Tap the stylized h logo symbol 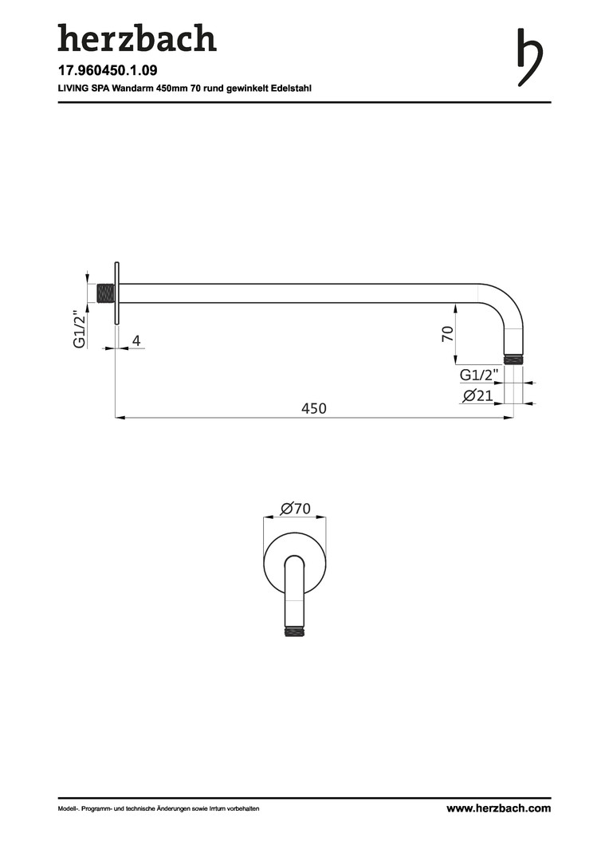pos(529,57)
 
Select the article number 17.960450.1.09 pos(108,70)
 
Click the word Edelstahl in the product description pos(291,88)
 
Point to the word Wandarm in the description pos(131,88)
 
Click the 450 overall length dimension pos(314,408)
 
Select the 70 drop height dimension pos(448,333)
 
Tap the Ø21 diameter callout pos(477,395)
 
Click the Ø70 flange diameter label pos(296,509)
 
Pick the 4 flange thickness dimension pos(136,341)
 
